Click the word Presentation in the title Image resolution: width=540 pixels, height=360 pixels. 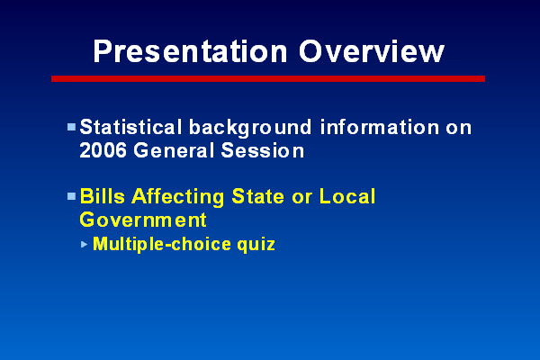[x=190, y=51]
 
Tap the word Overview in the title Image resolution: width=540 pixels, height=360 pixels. [x=372, y=51]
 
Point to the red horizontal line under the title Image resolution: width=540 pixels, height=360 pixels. [x=268, y=79]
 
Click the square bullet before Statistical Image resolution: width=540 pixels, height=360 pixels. [x=71, y=128]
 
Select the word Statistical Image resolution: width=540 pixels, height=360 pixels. [x=130, y=127]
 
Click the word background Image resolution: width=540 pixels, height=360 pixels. [x=250, y=128]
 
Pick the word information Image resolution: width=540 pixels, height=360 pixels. [x=380, y=127]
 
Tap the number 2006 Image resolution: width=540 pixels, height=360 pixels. [x=103, y=150]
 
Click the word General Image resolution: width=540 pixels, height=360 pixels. [x=174, y=150]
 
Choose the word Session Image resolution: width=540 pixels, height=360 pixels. [x=263, y=150]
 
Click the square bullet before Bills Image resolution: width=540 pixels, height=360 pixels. [x=71, y=197]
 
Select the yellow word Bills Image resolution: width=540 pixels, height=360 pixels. [x=103, y=196]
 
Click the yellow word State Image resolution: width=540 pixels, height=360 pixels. [x=258, y=196]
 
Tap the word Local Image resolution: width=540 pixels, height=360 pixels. [x=347, y=196]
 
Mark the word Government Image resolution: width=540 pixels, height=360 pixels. [x=143, y=220]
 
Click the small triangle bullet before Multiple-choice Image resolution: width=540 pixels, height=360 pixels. [x=84, y=245]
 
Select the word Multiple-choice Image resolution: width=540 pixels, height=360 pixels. [x=162, y=245]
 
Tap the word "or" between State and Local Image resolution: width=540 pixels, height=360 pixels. [x=301, y=198]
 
